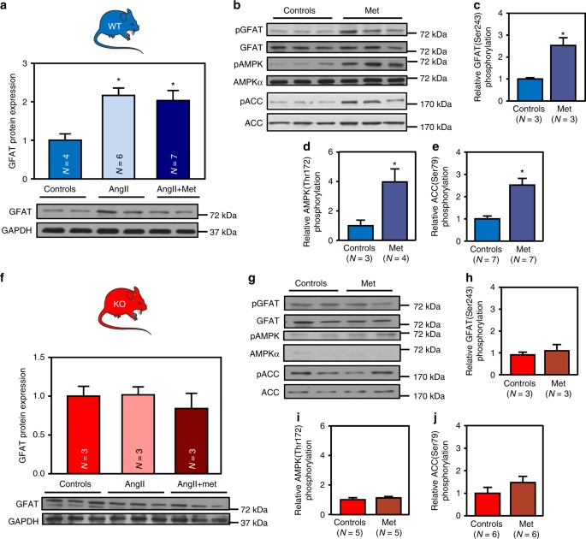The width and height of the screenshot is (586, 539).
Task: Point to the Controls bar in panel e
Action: pos(491,229)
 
